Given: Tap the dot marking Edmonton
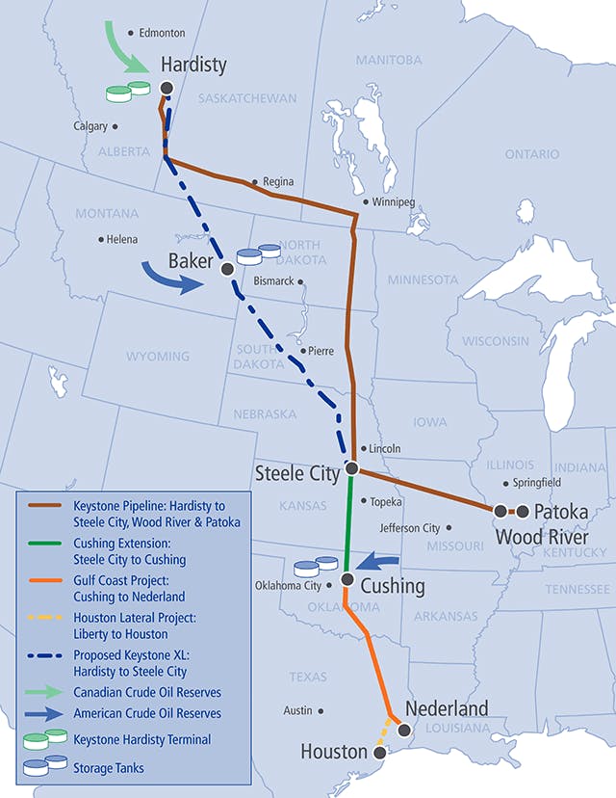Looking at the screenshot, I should click(131, 32).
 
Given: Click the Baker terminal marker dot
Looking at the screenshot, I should click(227, 268).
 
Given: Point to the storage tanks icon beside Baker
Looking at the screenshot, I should click(258, 253).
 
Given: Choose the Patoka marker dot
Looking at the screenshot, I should click(523, 511).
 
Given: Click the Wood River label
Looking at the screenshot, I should click(541, 536).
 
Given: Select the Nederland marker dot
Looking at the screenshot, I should click(404, 730).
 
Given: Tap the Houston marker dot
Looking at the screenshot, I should click(378, 752).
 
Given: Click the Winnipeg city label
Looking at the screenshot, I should click(393, 202).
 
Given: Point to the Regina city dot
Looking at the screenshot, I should click(254, 181).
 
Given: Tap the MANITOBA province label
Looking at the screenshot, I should click(389, 60).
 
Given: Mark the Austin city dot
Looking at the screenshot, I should click(321, 711).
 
